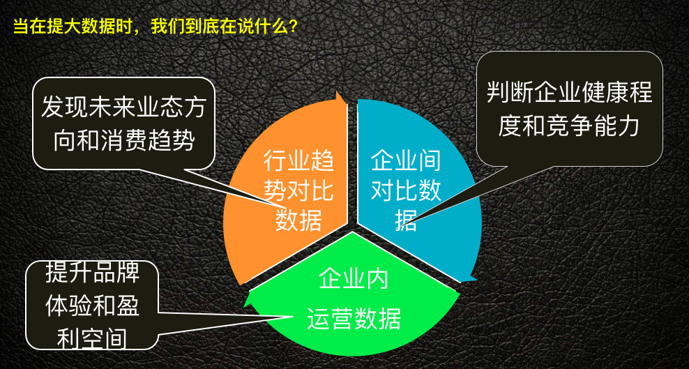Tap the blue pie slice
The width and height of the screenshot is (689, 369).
[x=446, y=223]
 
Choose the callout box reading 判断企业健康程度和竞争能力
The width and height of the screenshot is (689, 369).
[x=569, y=109]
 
